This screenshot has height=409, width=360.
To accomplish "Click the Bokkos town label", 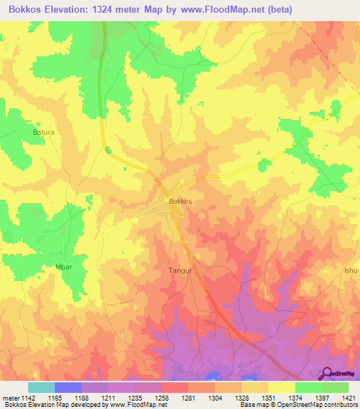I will point(180,201).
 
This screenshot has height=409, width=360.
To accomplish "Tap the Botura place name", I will point(44,131).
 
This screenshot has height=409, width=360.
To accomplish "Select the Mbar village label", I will point(64,268).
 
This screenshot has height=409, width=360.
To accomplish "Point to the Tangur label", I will point(180,269).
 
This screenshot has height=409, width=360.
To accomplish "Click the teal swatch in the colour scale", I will point(41,387).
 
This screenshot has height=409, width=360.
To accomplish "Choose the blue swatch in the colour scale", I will point(68,387).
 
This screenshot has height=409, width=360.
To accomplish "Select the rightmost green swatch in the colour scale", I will point(335,387).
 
